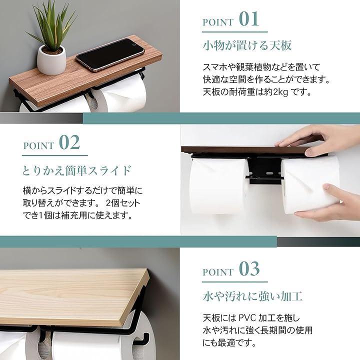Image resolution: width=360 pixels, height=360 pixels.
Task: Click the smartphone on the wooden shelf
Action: [110, 55]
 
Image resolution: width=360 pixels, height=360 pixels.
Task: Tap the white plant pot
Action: [51, 60]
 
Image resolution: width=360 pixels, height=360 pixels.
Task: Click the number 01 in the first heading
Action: [249, 19]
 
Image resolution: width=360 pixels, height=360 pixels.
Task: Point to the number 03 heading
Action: [249, 269]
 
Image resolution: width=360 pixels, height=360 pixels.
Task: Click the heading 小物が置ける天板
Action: [247, 45]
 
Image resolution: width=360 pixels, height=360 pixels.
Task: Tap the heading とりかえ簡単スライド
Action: [77, 170]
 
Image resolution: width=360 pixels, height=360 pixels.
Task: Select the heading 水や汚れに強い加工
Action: [252, 296]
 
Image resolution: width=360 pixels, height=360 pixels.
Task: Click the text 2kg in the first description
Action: [281, 92]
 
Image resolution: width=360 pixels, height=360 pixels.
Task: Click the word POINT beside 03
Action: [217, 272]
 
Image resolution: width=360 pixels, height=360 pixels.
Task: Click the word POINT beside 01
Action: [217, 22]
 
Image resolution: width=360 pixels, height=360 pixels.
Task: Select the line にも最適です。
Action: [229, 343]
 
